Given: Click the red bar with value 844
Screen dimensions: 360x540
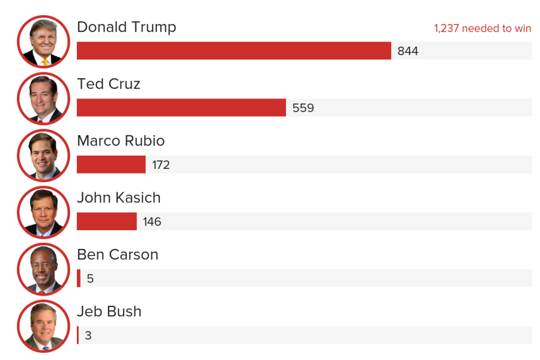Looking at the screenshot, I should [x=234, y=51].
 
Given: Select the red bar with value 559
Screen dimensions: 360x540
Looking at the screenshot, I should [x=181, y=108].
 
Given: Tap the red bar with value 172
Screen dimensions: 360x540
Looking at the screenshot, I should [x=111, y=165].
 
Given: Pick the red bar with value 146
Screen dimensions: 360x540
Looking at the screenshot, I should [x=107, y=221].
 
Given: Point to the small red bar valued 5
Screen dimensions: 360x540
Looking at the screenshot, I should [x=79, y=278].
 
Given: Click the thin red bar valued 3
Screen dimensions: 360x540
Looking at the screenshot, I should [x=77, y=335].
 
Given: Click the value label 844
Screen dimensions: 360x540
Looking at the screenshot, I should [x=408, y=51].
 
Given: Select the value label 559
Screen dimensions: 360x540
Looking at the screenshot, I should [x=303, y=108].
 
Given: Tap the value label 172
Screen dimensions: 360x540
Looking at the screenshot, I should [x=161, y=165].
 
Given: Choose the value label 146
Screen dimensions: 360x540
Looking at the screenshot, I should [x=152, y=222].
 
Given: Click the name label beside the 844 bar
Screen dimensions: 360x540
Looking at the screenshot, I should [x=127, y=27].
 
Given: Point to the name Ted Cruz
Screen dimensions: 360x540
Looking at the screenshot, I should [x=109, y=84].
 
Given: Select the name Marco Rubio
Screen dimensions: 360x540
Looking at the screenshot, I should [x=121, y=141].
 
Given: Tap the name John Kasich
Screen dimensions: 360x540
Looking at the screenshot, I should [x=119, y=198].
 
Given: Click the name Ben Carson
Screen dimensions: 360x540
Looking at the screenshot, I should [x=118, y=254].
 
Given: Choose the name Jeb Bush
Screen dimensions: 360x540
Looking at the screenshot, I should [x=109, y=311].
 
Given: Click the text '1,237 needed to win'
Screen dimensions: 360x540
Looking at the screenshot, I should [x=482, y=28].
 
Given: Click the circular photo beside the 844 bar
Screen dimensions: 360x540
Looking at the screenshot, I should [x=43, y=42].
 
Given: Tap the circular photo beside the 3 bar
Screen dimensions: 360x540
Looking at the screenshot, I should [x=43, y=326].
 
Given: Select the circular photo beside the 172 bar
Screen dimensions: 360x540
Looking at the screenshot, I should [x=43, y=156].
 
